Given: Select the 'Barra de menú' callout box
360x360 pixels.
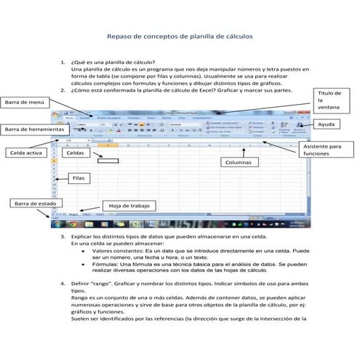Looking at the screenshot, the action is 25,103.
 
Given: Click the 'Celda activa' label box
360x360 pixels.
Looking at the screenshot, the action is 27,153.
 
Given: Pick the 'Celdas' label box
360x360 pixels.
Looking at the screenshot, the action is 75,153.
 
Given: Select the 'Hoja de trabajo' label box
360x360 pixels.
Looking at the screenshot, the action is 129,207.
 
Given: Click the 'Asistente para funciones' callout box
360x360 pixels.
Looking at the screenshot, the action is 322,150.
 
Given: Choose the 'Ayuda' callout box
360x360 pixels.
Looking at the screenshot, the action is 327,125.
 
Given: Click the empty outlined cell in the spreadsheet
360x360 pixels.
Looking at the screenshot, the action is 108,157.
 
